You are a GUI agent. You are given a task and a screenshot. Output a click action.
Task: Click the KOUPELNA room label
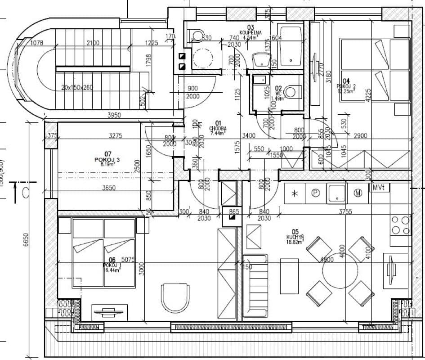[248, 32]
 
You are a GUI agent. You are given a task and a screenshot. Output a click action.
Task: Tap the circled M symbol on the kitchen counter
[358, 193]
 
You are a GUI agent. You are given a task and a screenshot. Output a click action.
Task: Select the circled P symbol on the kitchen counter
[315, 193]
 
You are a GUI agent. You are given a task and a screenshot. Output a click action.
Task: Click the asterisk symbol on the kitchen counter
[295, 193]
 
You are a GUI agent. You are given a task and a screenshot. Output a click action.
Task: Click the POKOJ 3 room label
[107, 160]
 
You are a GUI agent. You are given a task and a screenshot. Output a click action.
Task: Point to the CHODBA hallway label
[218, 128]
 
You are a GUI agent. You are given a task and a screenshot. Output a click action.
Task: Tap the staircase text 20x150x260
[77, 87]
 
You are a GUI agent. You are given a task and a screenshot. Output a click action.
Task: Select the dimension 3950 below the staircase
[114, 116]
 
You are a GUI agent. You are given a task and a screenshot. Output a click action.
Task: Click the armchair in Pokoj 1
[173, 297]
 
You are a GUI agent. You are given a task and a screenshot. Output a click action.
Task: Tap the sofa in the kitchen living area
[255, 285]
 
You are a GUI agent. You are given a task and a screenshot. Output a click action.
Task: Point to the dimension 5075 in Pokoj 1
[128, 259]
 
